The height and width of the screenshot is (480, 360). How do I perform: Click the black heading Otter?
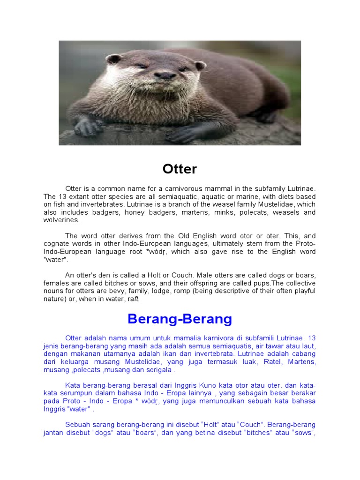(x=180, y=169)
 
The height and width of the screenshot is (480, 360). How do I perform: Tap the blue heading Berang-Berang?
(x=180, y=319)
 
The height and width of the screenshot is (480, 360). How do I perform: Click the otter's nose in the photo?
(x=165, y=75)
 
